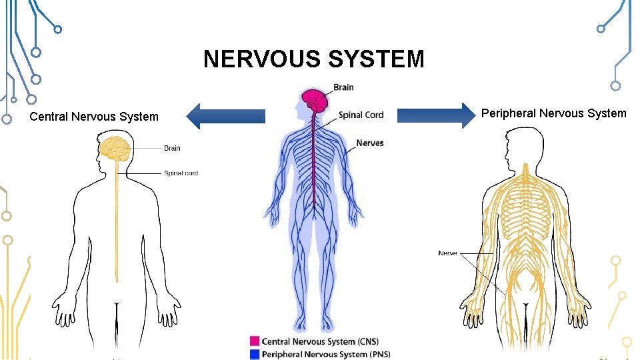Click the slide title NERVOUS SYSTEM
pos(314,59)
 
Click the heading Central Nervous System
pos(94,117)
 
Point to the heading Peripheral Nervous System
pos(553,113)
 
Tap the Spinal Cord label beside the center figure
pos(361,115)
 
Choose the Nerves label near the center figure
pos(369,143)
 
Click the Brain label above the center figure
pos(343,87)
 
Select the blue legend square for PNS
pos(254,354)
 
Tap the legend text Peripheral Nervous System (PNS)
pos(326,354)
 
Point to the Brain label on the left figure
pos(172,148)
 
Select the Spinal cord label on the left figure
pos(181,173)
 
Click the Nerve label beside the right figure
pos(447,253)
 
